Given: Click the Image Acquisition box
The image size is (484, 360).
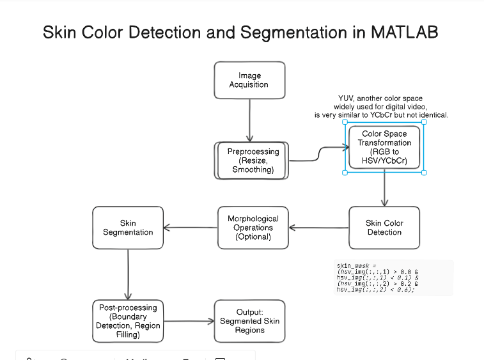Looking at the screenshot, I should pos(249,80).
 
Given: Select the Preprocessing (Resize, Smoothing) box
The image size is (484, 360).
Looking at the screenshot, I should pos(253,160).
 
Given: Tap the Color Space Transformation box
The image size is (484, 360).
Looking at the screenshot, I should pos(384,148).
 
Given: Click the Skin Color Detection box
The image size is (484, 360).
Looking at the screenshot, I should pos(384,228).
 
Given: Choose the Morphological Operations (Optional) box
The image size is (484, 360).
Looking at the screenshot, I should pos(253,228).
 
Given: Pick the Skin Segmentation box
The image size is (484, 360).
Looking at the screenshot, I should pos(128,228).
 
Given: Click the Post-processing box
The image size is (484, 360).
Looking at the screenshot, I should pos(128,321).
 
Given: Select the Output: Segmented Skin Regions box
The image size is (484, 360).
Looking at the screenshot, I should pos(249,321).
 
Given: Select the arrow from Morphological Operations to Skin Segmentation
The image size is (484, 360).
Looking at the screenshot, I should pos(191,228).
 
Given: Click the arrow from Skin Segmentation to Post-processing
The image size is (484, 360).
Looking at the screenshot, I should pos(129,273).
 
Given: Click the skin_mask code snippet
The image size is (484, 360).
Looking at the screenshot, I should pos(377,278).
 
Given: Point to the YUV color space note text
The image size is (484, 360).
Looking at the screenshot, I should pos(381,107).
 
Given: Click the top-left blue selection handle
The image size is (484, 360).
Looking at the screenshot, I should pos(346,123).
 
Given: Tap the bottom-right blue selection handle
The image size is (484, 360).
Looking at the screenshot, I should pos(424,173).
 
